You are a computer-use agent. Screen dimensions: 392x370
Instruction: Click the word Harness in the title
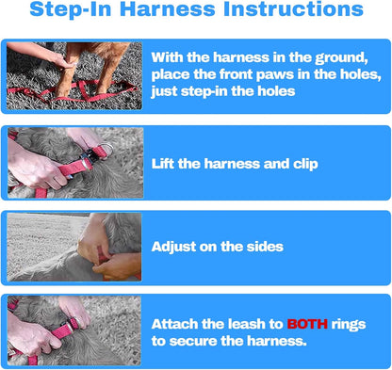tap(168, 8)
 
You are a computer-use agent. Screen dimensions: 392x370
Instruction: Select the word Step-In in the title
tap(71, 9)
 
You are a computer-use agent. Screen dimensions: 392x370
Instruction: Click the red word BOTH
tap(307, 324)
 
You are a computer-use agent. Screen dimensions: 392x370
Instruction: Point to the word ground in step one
tap(341, 58)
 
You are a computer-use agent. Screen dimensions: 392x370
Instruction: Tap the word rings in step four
tap(349, 325)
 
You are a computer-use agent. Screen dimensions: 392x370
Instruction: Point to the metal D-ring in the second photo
tap(106, 150)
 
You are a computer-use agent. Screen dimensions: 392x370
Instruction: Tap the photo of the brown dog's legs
tap(74, 76)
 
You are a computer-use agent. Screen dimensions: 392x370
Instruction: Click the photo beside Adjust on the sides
tap(74, 247)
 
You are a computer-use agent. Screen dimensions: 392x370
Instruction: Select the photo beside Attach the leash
tap(74, 330)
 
